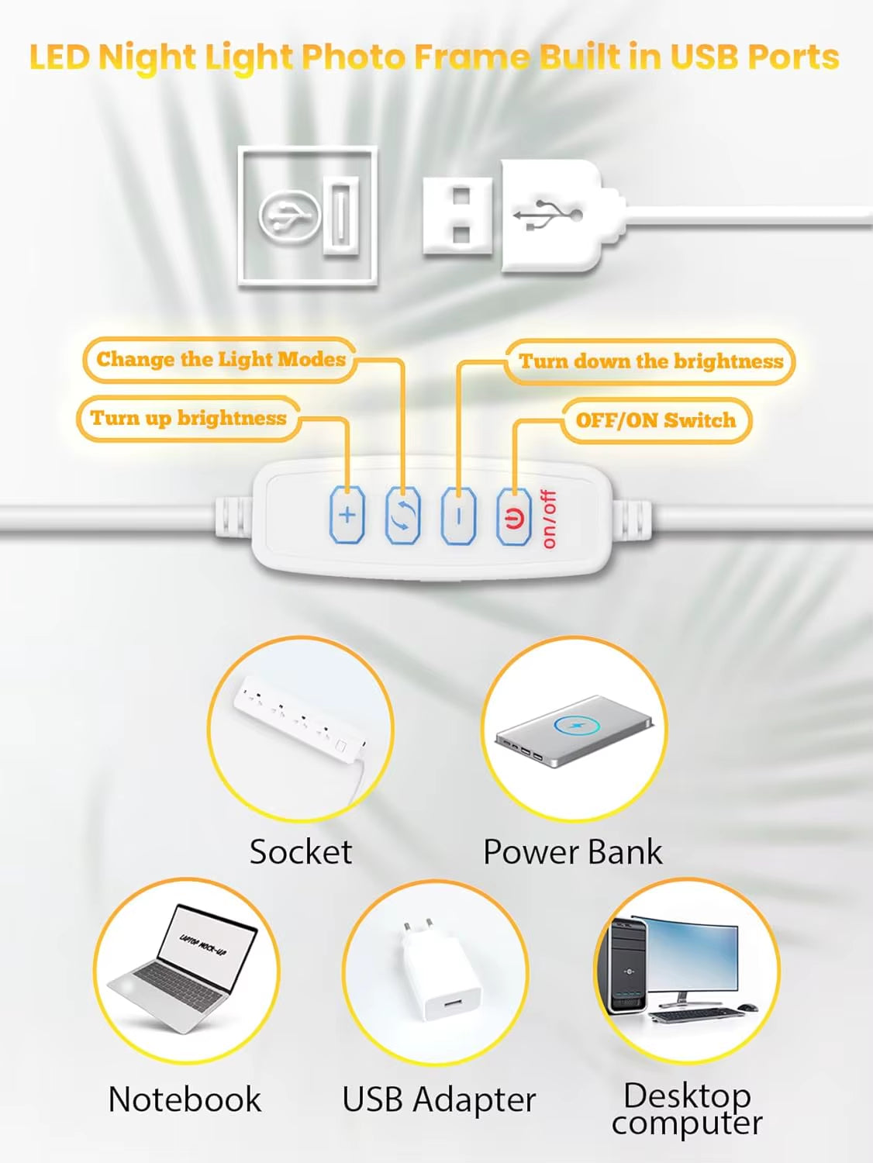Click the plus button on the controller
347,514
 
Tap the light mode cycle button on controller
402,515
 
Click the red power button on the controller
514,516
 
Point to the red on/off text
549,519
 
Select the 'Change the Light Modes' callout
220,360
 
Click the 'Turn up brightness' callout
188,419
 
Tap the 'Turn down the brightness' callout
650,361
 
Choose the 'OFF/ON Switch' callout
655,420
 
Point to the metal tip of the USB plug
457,215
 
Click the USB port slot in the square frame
341,214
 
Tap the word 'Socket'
301,852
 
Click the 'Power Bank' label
573,852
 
